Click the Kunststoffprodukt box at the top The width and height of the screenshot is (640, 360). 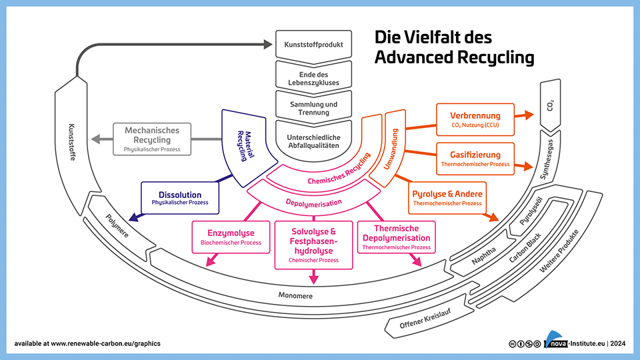(313, 45)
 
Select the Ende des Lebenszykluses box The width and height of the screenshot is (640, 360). (313, 77)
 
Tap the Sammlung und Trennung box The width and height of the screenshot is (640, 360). (313, 108)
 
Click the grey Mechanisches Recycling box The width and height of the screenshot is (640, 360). (151, 139)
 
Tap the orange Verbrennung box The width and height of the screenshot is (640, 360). (475, 119)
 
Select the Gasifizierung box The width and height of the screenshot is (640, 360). (475, 158)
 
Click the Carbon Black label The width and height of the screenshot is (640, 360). (523, 250)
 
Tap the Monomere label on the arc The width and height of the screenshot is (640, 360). (295, 295)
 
